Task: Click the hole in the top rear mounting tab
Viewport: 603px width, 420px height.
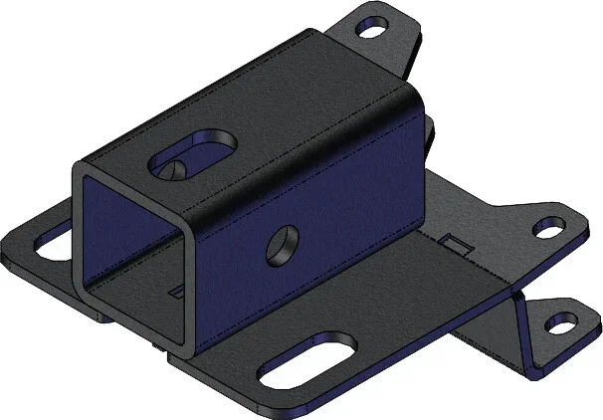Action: pos(373,29)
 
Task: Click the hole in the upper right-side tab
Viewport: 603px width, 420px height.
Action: pos(548,228)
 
